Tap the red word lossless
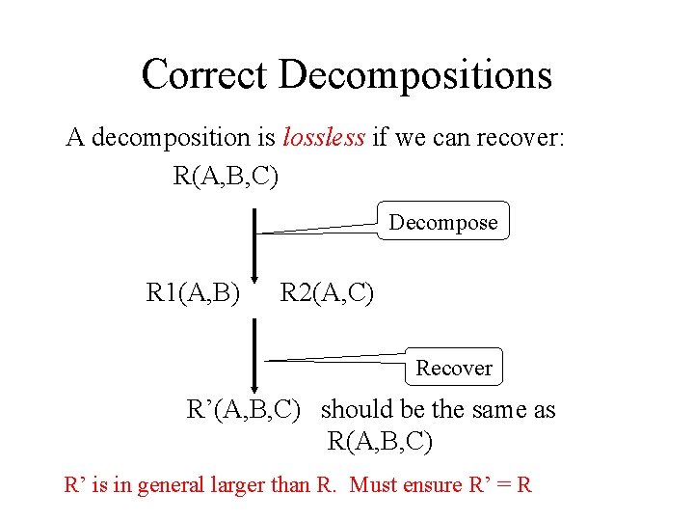coord(324,138)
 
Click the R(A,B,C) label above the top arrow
coord(226,177)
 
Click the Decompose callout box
coord(443,223)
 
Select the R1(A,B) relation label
coord(193,291)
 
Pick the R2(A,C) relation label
coord(327,291)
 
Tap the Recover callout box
coord(454,368)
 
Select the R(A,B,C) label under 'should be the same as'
coord(380,442)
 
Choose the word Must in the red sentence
coord(377,484)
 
